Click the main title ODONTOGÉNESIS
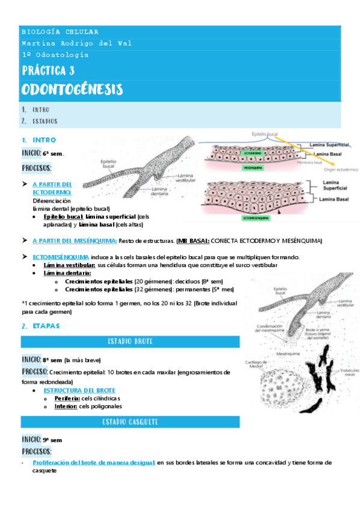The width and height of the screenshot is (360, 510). click(x=72, y=90)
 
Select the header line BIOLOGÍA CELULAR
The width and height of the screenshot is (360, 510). click(x=60, y=32)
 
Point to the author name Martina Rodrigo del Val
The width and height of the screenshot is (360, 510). click(x=76, y=43)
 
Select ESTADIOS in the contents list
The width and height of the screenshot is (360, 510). click(x=46, y=121)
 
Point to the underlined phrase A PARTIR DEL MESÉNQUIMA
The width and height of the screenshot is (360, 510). click(x=74, y=241)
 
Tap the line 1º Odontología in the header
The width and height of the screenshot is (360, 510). click(x=55, y=55)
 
